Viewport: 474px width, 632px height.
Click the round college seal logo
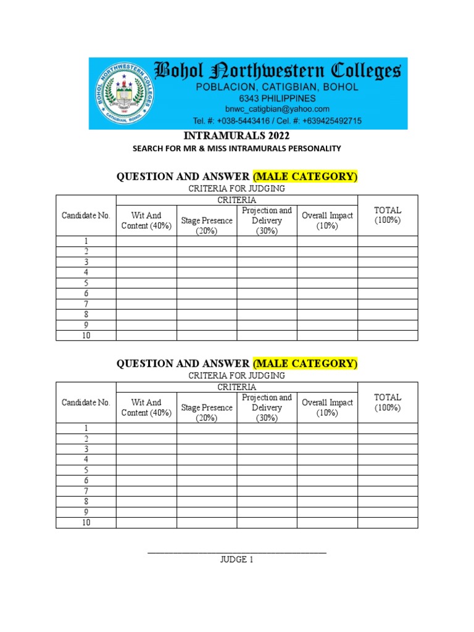coord(124,94)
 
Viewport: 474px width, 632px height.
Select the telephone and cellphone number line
coord(277,120)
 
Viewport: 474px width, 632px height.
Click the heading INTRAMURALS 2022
coord(237,136)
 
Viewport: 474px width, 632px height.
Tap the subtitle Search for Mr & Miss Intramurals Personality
coord(237,149)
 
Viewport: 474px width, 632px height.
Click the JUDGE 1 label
coord(237,560)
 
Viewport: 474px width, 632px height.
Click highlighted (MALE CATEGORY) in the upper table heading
coord(305,177)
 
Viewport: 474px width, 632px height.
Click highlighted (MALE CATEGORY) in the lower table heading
coord(305,364)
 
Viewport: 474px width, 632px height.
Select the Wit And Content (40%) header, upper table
coord(146,220)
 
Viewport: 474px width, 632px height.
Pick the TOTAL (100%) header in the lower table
coord(388,402)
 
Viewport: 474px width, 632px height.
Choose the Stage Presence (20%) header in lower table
coord(207,413)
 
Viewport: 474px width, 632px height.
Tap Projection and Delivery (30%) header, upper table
coord(267,220)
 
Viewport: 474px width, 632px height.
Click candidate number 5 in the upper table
coord(86,283)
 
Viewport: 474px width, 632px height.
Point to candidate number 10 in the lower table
coord(86,523)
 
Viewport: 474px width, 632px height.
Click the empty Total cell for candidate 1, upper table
coord(388,241)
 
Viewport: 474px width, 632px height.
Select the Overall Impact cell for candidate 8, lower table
coord(327,502)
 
